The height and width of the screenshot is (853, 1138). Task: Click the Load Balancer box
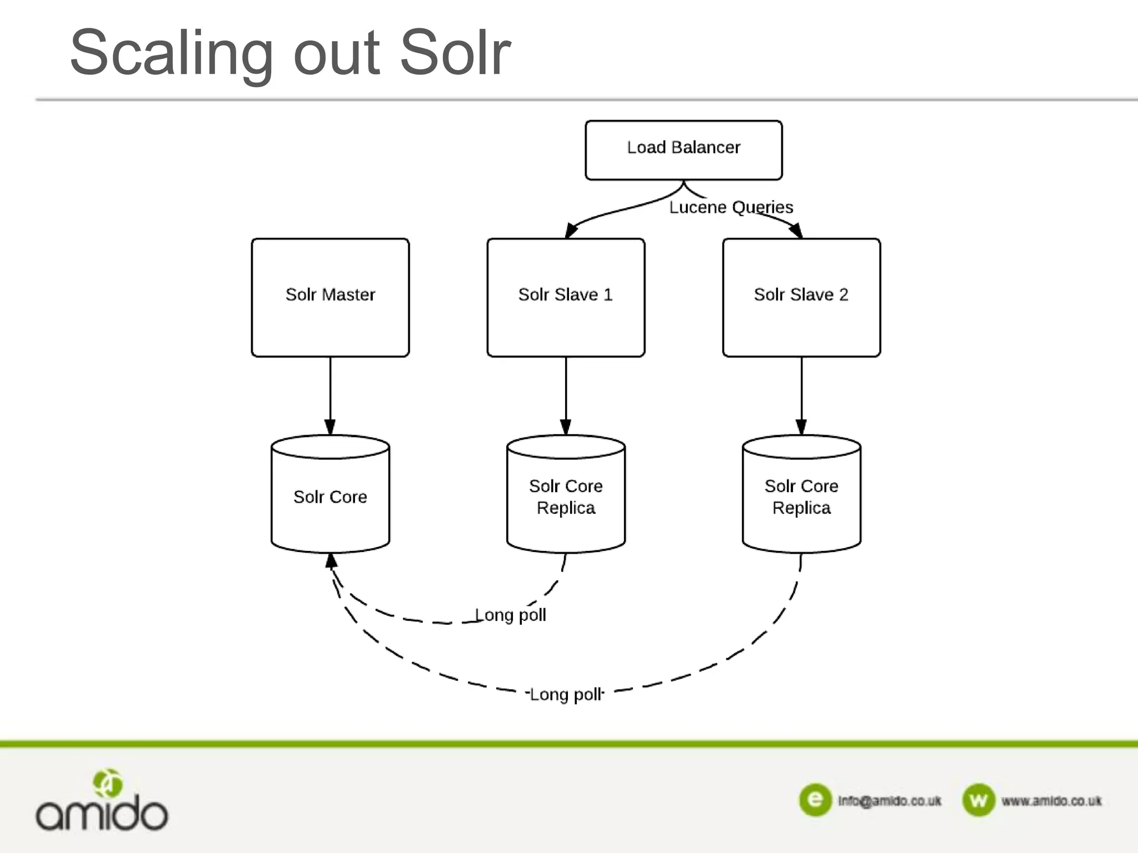(683, 150)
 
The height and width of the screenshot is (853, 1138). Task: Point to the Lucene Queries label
(731, 207)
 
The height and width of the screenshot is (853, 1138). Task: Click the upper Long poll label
(511, 615)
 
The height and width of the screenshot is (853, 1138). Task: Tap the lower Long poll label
(566, 694)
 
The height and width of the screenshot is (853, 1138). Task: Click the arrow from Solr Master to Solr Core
(330, 394)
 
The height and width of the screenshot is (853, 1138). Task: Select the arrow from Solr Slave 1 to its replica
(566, 394)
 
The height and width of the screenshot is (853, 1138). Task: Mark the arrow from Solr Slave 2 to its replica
(801, 394)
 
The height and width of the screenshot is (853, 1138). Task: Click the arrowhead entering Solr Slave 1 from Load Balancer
(571, 230)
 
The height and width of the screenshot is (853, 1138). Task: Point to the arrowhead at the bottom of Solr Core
(331, 561)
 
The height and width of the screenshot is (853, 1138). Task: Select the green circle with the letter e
(815, 800)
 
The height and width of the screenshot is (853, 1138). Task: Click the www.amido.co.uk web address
(1051, 801)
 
